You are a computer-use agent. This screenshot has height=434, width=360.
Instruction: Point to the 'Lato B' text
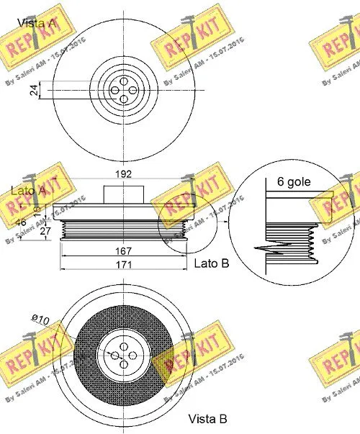(x=212, y=263)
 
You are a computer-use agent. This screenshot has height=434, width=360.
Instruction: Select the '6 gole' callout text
(x=294, y=181)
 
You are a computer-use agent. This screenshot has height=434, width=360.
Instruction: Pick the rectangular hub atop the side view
(x=125, y=194)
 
